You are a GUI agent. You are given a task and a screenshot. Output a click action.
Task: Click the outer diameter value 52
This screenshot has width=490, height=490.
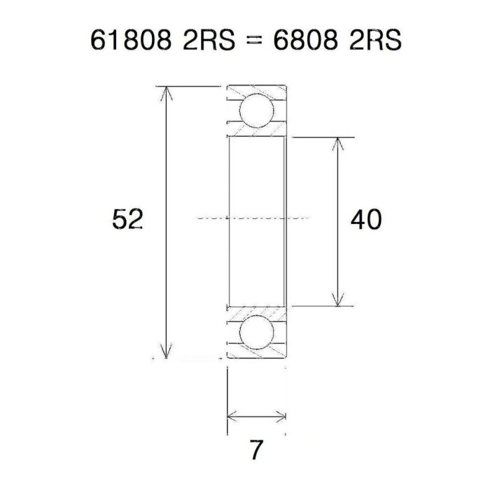(128, 220)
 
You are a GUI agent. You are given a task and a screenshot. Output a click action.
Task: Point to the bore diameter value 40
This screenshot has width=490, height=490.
(365, 220)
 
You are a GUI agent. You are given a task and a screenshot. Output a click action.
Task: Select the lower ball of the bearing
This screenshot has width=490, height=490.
(256, 334)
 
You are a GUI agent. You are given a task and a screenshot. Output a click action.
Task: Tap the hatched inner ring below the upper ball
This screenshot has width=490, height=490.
(256, 131)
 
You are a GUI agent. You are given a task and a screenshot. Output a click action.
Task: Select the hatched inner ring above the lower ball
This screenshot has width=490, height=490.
(256, 311)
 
